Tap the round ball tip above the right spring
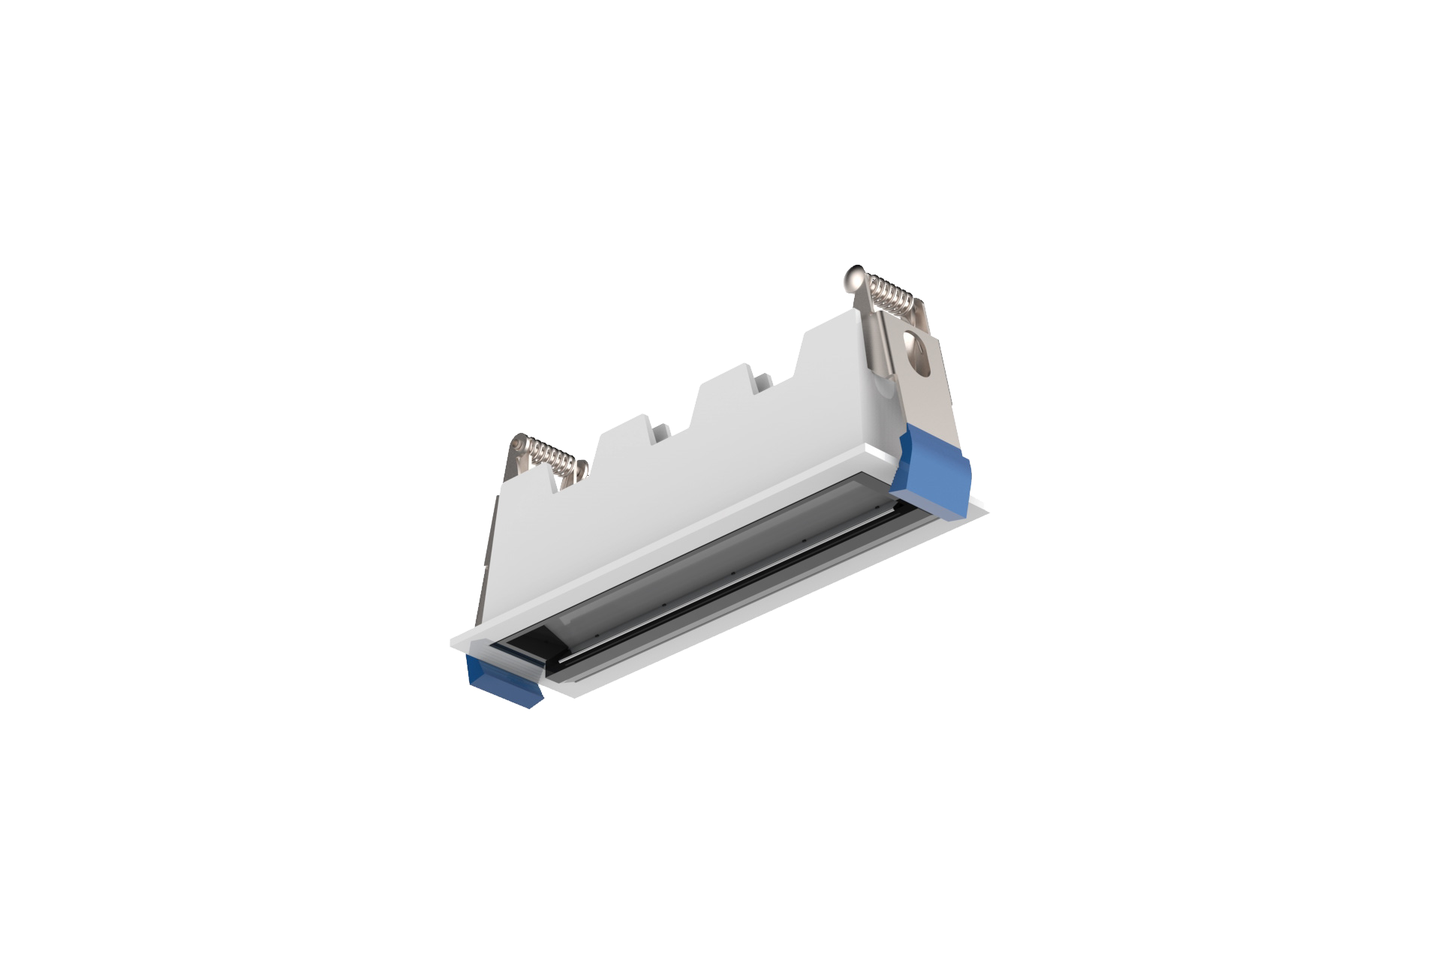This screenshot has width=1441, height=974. point(855,277)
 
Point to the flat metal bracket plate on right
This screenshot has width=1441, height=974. point(931,390)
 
